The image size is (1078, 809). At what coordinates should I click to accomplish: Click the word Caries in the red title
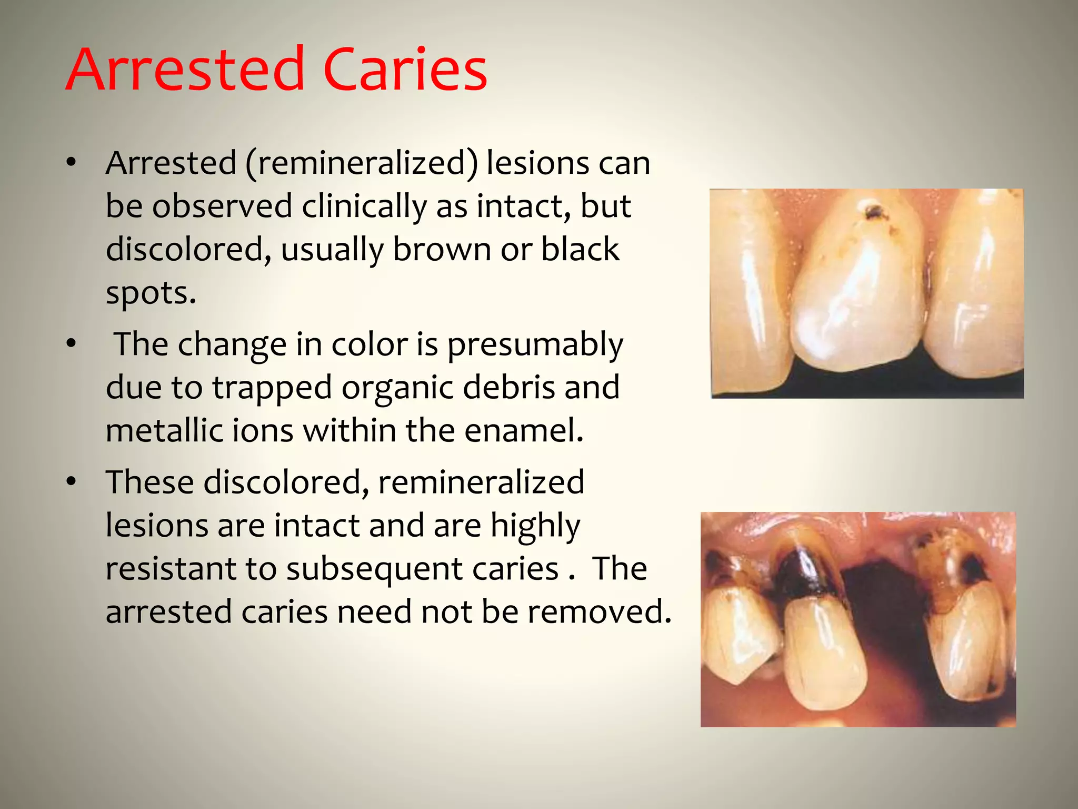coord(405,70)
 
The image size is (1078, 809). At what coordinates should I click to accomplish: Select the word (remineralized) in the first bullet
coord(361,163)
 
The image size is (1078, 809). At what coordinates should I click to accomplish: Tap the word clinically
coord(364,206)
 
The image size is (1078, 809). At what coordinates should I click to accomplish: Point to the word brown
coord(442,249)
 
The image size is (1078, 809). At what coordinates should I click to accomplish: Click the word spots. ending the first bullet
coord(151,294)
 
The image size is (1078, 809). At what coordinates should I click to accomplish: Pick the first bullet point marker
coord(72,163)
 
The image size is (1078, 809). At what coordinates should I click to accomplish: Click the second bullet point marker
coord(72,344)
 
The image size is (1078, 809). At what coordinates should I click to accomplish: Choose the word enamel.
coord(524,431)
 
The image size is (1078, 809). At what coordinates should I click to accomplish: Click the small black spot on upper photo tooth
coord(874,212)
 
